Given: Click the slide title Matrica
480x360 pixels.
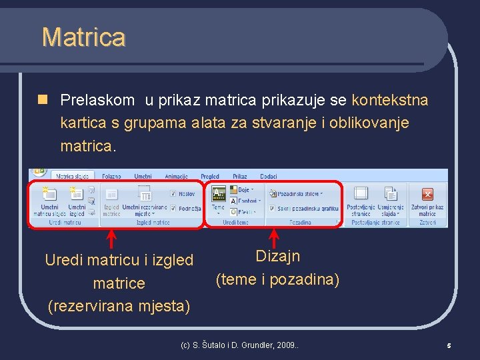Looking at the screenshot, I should point(83,37).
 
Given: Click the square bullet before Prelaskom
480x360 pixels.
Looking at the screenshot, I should point(43,101).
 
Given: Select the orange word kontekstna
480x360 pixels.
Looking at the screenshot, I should point(389,101).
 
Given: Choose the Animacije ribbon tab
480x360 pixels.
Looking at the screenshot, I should point(176,177).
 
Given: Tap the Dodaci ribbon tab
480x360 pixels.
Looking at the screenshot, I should point(269,177).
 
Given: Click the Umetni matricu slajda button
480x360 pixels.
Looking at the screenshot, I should point(49,201).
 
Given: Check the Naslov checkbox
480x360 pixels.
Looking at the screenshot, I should point(173,194).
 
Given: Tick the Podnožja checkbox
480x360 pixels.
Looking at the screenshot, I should point(173,209).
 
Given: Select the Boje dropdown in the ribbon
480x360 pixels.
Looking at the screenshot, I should point(243,190).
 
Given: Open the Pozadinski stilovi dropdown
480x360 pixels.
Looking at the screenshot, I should point(296,194).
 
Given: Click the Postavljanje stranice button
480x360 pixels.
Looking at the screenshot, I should point(361,201).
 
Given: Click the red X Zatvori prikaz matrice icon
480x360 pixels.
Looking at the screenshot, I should point(427,195).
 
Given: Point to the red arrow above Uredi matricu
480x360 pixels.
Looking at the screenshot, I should point(112,239).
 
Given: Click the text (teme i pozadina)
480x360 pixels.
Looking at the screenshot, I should point(277,280).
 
